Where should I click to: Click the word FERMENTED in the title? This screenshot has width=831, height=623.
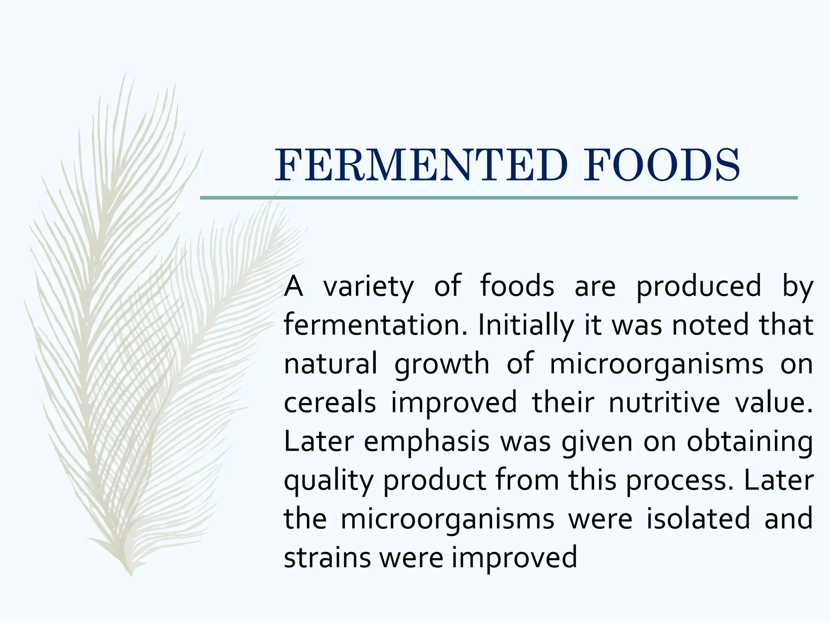pyautogui.click(x=420, y=165)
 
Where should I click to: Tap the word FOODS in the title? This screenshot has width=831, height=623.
pyautogui.click(x=661, y=165)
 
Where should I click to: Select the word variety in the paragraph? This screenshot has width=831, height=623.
pyautogui.click(x=368, y=286)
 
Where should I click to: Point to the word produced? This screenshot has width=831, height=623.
pyautogui.click(x=698, y=286)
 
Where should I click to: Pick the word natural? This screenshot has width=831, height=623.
pyautogui.click(x=330, y=364)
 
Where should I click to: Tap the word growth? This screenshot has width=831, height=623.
pyautogui.click(x=442, y=364)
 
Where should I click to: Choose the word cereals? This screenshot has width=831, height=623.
pyautogui.click(x=329, y=403)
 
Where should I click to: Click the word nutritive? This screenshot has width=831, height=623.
pyautogui.click(x=664, y=403)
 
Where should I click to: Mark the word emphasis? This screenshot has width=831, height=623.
pyautogui.click(x=426, y=442)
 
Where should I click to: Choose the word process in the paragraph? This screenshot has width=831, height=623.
pyautogui.click(x=679, y=481)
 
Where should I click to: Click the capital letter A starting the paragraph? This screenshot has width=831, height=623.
pyautogui.click(x=293, y=286)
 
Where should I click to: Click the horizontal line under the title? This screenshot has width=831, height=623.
pyautogui.click(x=499, y=198)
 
